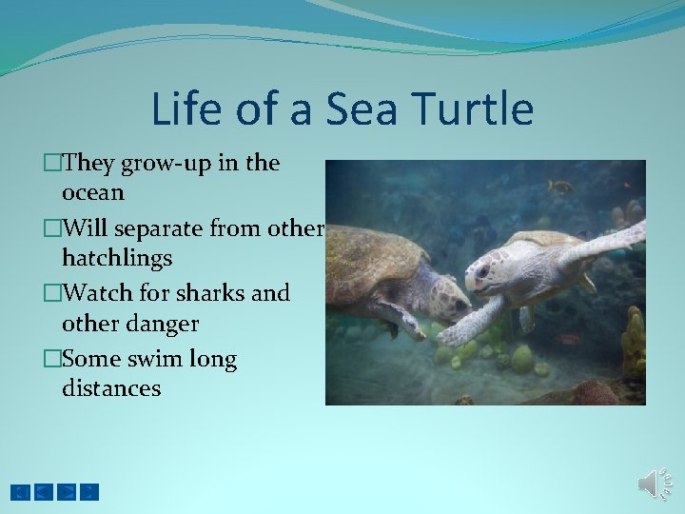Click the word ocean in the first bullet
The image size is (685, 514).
(x=92, y=192)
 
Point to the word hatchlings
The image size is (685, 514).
(x=116, y=258)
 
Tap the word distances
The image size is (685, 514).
(x=110, y=388)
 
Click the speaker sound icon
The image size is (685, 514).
(x=655, y=484)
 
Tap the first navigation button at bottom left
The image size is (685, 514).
(x=20, y=492)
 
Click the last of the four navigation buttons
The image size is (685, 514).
(x=88, y=492)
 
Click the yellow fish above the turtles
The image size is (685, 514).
(x=561, y=186)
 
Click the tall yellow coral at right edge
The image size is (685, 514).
(x=634, y=343)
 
